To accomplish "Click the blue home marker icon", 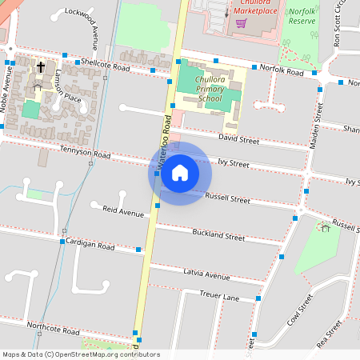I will click(180, 173).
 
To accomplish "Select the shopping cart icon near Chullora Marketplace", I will click(241, 22).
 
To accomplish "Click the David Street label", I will click(238, 139).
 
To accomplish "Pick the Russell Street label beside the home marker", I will click(228, 196).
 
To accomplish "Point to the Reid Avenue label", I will click(123, 213).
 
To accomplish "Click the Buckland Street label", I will click(218, 235).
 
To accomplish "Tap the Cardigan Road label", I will click(90, 244).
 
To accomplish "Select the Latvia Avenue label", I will click(206, 276).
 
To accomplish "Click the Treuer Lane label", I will click(219, 296).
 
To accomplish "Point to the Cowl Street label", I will click(299, 314).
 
